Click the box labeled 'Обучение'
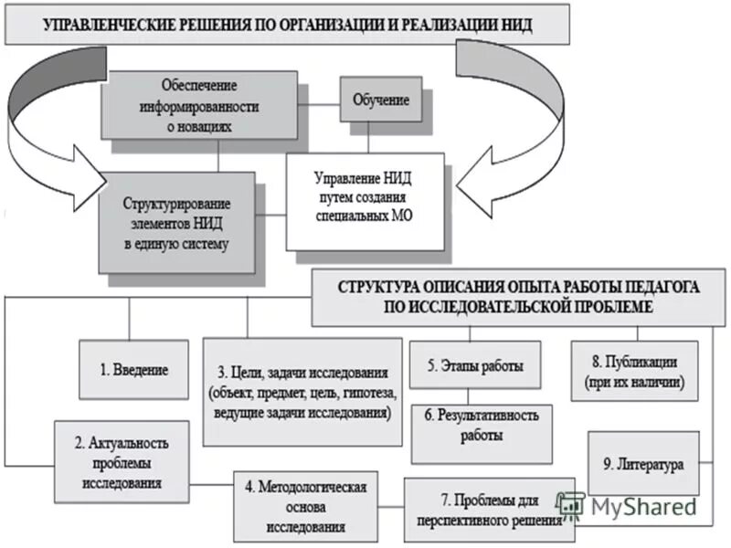pyautogui.click(x=381, y=99)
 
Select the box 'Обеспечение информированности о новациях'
pyautogui.click(x=199, y=106)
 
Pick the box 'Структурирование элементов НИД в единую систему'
pyautogui.click(x=176, y=222)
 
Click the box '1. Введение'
pyautogui.click(x=133, y=370)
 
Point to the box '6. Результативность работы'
pyautogui.click(x=482, y=426)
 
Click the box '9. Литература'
pyautogui.click(x=643, y=465)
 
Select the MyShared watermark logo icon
pyautogui.click(x=571, y=503)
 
